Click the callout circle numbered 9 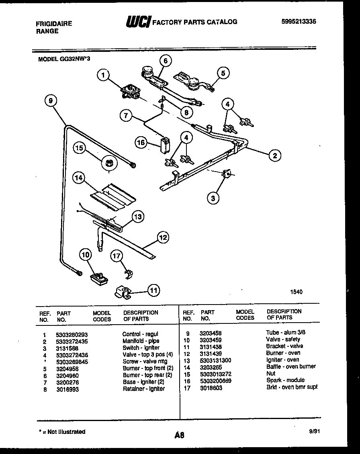click(x=50, y=102)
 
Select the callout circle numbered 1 click(x=104, y=75)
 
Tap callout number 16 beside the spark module click(x=141, y=142)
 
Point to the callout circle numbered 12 click(x=162, y=237)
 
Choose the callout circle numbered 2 click(x=275, y=155)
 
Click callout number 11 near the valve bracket click(x=153, y=290)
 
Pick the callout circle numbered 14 click(x=80, y=177)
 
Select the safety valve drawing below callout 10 click(x=99, y=278)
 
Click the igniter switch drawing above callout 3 click(x=227, y=173)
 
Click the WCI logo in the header click(x=138, y=22)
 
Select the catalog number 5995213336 click(x=299, y=22)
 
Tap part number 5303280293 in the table click(x=72, y=334)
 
